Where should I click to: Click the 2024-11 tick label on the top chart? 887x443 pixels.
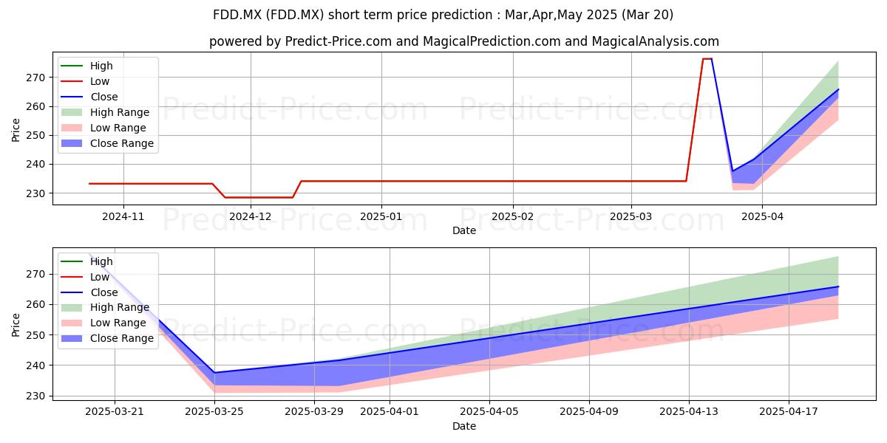pyautogui.click(x=123, y=216)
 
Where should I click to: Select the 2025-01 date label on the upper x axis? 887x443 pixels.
pyautogui.click(x=381, y=216)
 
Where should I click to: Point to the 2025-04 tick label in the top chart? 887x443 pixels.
pyautogui.click(x=762, y=216)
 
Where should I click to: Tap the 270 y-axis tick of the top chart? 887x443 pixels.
pyautogui.click(x=35, y=78)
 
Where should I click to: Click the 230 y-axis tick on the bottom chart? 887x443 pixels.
pyautogui.click(x=35, y=396)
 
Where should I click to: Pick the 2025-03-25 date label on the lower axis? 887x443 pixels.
pyautogui.click(x=214, y=412)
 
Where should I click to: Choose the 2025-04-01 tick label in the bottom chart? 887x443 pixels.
pyautogui.click(x=390, y=412)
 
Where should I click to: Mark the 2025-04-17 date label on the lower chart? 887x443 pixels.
pyautogui.click(x=789, y=412)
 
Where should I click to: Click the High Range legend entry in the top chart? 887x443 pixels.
pyautogui.click(x=105, y=112)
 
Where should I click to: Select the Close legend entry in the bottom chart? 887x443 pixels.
pyautogui.click(x=89, y=292)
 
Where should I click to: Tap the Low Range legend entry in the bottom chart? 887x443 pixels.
pyautogui.click(x=103, y=323)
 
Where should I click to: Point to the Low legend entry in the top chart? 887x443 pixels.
pyautogui.click(x=85, y=81)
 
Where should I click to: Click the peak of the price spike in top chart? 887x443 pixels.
pyautogui.click(x=707, y=59)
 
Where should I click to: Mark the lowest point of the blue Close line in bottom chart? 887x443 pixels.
pyautogui.click(x=214, y=373)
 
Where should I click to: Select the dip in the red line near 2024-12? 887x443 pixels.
pyautogui.click(x=259, y=197)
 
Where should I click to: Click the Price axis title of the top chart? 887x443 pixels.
pyautogui.click(x=16, y=130)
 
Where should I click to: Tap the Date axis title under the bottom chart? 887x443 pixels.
pyautogui.click(x=464, y=426)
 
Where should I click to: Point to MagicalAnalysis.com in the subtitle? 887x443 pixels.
pyautogui.click(x=656, y=41)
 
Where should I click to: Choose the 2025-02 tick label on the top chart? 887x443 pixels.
pyautogui.click(x=512, y=216)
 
